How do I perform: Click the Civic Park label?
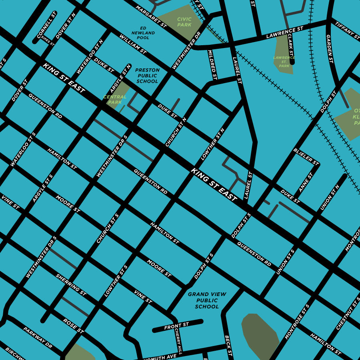point(184,22)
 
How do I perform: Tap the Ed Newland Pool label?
point(143,33)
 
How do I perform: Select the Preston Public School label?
point(148,76)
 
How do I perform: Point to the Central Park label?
point(115,99)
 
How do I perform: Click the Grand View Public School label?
point(207,300)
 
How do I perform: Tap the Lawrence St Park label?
point(284,62)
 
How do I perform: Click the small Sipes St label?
point(48,40)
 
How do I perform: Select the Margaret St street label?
point(151,16)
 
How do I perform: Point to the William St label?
point(133,44)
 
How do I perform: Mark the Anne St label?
point(306,182)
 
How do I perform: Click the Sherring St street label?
point(71,285)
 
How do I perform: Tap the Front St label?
point(176,327)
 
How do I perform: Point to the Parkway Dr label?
point(38,337)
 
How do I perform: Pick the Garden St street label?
point(330,49)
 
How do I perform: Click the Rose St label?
point(73,326)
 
